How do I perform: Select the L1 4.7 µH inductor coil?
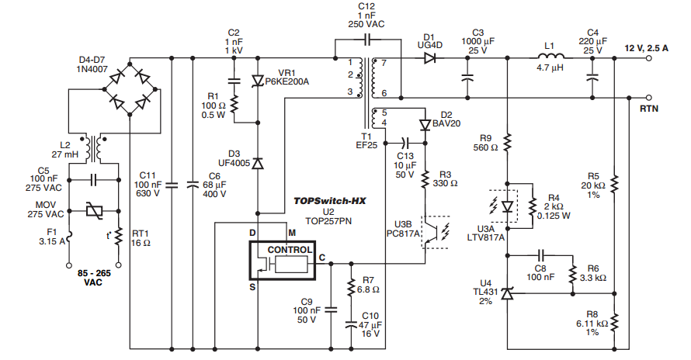click(550, 57)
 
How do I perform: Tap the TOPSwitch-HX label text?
click(329, 200)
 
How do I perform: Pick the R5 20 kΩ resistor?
click(613, 183)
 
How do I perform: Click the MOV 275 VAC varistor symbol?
click(95, 211)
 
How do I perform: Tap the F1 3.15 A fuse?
click(68, 236)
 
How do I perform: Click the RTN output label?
click(649, 109)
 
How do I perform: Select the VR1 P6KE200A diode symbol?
click(258, 81)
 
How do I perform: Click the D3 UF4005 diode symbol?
click(258, 163)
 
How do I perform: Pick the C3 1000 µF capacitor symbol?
click(467, 78)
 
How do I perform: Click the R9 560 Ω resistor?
click(507, 141)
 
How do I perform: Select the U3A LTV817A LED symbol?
click(507, 206)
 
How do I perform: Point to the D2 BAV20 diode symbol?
click(424, 125)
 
